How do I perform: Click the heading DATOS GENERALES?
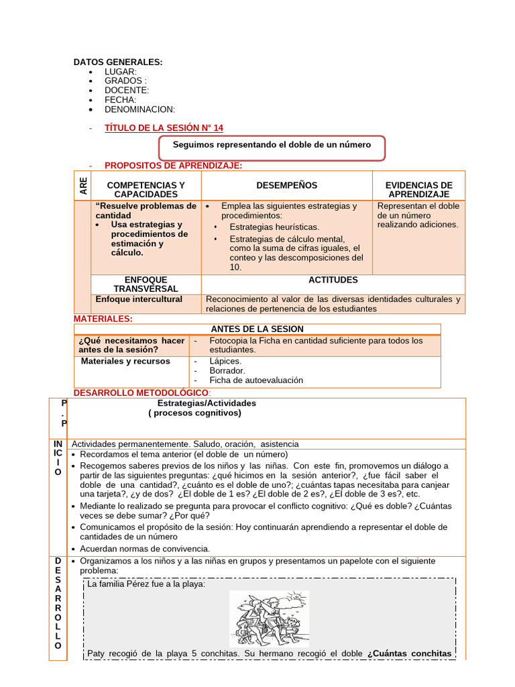click(x=118, y=62)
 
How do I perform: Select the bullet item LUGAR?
click(x=121, y=71)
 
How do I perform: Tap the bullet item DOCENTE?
click(x=127, y=90)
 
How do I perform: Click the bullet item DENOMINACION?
click(x=139, y=109)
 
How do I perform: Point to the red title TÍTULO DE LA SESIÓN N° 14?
click(x=164, y=127)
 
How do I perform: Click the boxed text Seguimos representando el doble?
click(x=272, y=144)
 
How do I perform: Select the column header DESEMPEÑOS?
click(x=286, y=185)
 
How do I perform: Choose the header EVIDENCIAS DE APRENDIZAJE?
click(x=418, y=189)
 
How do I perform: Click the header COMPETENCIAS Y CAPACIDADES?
click(x=146, y=189)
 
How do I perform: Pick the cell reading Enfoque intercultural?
click(x=139, y=299)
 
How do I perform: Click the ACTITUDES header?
click(x=333, y=280)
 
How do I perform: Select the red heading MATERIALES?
click(x=103, y=319)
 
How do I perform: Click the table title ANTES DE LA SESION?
click(x=257, y=329)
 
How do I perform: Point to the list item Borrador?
click(x=227, y=370)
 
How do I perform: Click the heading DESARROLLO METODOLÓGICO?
click(x=141, y=392)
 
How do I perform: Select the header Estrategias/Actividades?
click(x=207, y=403)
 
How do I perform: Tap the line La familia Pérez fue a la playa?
click(x=146, y=584)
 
